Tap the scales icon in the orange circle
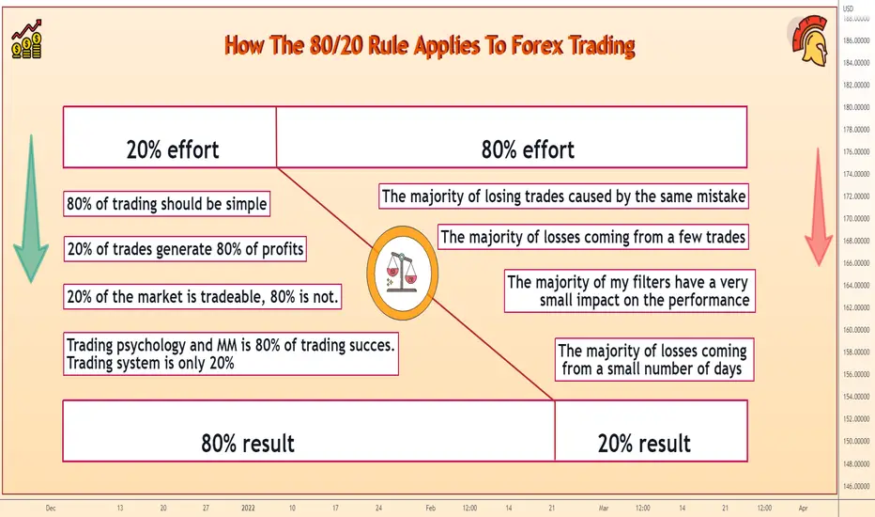tap(402, 272)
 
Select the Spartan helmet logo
tap(809, 40)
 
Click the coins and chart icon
tap(26, 39)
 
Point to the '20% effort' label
tap(173, 149)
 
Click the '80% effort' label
tap(528, 149)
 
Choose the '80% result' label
tap(248, 444)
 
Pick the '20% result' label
tap(644, 444)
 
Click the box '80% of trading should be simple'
tap(167, 204)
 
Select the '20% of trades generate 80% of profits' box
tap(185, 249)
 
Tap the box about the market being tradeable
tap(203, 297)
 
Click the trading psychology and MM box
tap(231, 354)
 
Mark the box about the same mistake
tap(563, 196)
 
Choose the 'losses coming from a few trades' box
tap(592, 237)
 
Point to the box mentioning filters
tap(629, 291)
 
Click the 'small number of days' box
tap(654, 359)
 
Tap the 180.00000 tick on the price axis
tap(856, 107)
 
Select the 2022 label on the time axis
tap(248, 508)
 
